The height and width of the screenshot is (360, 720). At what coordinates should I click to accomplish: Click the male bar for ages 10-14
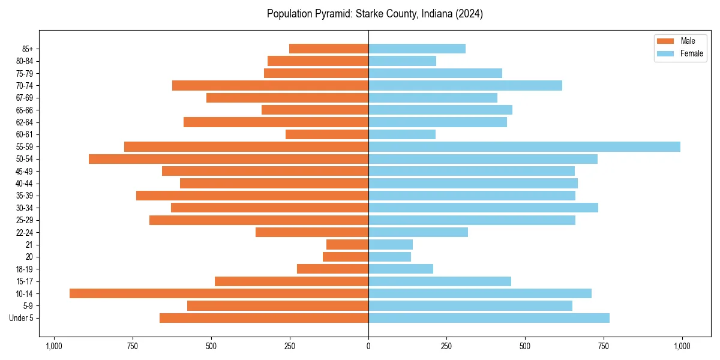coord(219,293)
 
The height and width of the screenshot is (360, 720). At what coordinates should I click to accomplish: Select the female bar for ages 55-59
coord(524,146)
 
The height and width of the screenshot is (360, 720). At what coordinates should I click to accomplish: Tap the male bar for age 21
coord(347,244)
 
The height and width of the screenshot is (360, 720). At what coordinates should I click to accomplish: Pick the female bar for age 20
coord(389,257)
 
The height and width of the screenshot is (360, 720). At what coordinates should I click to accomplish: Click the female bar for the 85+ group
coord(417,49)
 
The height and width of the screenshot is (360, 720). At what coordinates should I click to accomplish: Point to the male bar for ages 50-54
coord(229,159)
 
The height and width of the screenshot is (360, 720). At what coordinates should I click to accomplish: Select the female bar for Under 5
coord(489,318)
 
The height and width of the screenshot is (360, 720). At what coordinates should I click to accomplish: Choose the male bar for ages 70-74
coord(270,85)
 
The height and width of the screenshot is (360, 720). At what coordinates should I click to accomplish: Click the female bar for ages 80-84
coord(402,61)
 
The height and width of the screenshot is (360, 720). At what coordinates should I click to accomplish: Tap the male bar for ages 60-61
coord(327,134)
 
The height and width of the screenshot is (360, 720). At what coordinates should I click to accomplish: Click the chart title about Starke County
coord(375,14)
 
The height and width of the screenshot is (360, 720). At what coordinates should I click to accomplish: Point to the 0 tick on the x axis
coord(368,346)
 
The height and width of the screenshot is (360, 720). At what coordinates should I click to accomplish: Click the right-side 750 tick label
coord(604,346)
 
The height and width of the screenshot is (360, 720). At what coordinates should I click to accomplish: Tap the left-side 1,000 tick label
coord(54,346)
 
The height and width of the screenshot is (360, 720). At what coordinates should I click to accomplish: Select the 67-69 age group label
coord(25,98)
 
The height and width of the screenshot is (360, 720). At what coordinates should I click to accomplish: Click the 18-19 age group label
coord(25,269)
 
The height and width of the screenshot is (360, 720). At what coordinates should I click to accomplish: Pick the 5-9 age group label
coord(28,306)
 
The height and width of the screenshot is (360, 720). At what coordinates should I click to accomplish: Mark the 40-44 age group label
coord(25,184)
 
